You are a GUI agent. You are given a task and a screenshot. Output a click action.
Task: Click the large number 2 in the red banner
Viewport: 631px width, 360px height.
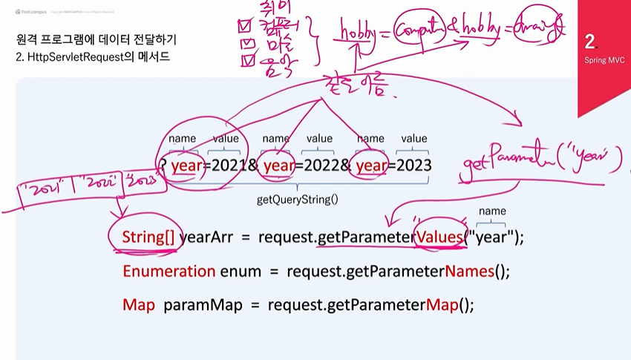(589, 41)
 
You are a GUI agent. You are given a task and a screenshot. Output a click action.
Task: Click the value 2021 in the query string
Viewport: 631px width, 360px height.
(229, 165)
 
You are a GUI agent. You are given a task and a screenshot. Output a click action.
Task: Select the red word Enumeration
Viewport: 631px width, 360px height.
(169, 271)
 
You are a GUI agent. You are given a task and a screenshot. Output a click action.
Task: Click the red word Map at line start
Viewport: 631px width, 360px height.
(138, 305)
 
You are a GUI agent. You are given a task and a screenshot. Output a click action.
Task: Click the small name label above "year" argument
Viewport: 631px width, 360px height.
(492, 212)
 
